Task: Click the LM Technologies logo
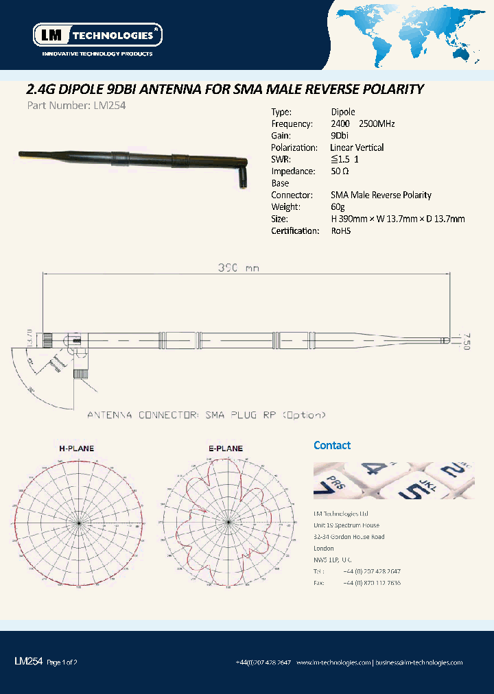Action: [x=97, y=34]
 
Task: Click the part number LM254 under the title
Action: [x=67, y=106]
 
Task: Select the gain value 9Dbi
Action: [x=339, y=136]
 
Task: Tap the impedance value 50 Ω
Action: [x=340, y=171]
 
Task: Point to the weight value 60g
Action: [x=338, y=207]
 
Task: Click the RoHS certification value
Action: [x=340, y=231]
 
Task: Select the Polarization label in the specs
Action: [x=294, y=147]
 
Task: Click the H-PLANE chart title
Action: [x=76, y=448]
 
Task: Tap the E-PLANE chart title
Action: [x=226, y=448]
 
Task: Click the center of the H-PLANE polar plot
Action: [x=80, y=523]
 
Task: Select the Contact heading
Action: [x=332, y=445]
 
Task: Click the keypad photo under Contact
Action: [x=393, y=479]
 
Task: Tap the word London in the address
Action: [x=324, y=549]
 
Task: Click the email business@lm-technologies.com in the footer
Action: [x=419, y=662]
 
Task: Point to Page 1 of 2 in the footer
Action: [x=62, y=662]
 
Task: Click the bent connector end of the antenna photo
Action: [x=242, y=178]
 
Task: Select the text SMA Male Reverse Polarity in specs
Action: [x=381, y=195]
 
